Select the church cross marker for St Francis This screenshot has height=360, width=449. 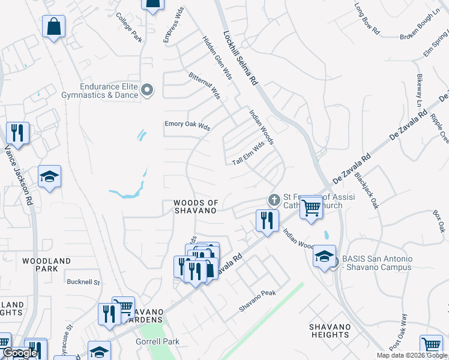[274, 200]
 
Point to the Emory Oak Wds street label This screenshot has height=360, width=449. [187, 127]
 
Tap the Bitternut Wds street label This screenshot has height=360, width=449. [204, 86]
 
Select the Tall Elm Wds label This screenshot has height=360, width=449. [249, 154]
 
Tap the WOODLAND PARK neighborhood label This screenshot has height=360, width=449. [46, 265]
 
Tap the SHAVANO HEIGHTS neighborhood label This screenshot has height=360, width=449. [330, 331]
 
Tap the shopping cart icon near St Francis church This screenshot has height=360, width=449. [311, 208]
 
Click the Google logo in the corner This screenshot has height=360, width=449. [19, 353]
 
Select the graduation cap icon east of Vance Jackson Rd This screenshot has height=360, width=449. [49, 176]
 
